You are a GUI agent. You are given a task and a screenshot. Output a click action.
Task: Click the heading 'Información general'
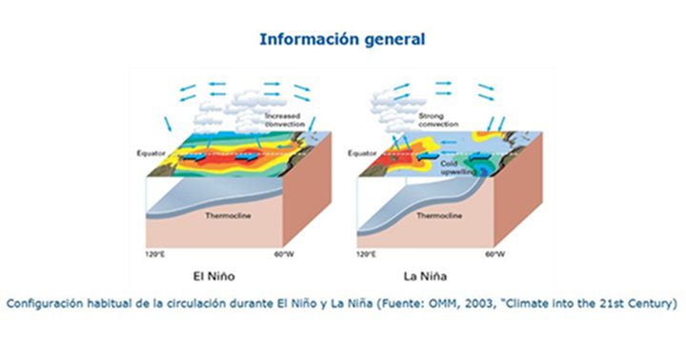[341, 39]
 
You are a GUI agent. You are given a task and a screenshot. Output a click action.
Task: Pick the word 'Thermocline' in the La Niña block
[440, 217]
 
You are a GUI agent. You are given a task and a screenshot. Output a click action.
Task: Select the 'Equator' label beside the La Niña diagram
[364, 152]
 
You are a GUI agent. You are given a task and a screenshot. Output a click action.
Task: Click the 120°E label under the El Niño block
[154, 256]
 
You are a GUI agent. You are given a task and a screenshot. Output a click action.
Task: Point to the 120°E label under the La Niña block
[368, 256]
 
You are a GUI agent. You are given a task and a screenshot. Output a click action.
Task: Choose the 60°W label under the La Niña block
[494, 256]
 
